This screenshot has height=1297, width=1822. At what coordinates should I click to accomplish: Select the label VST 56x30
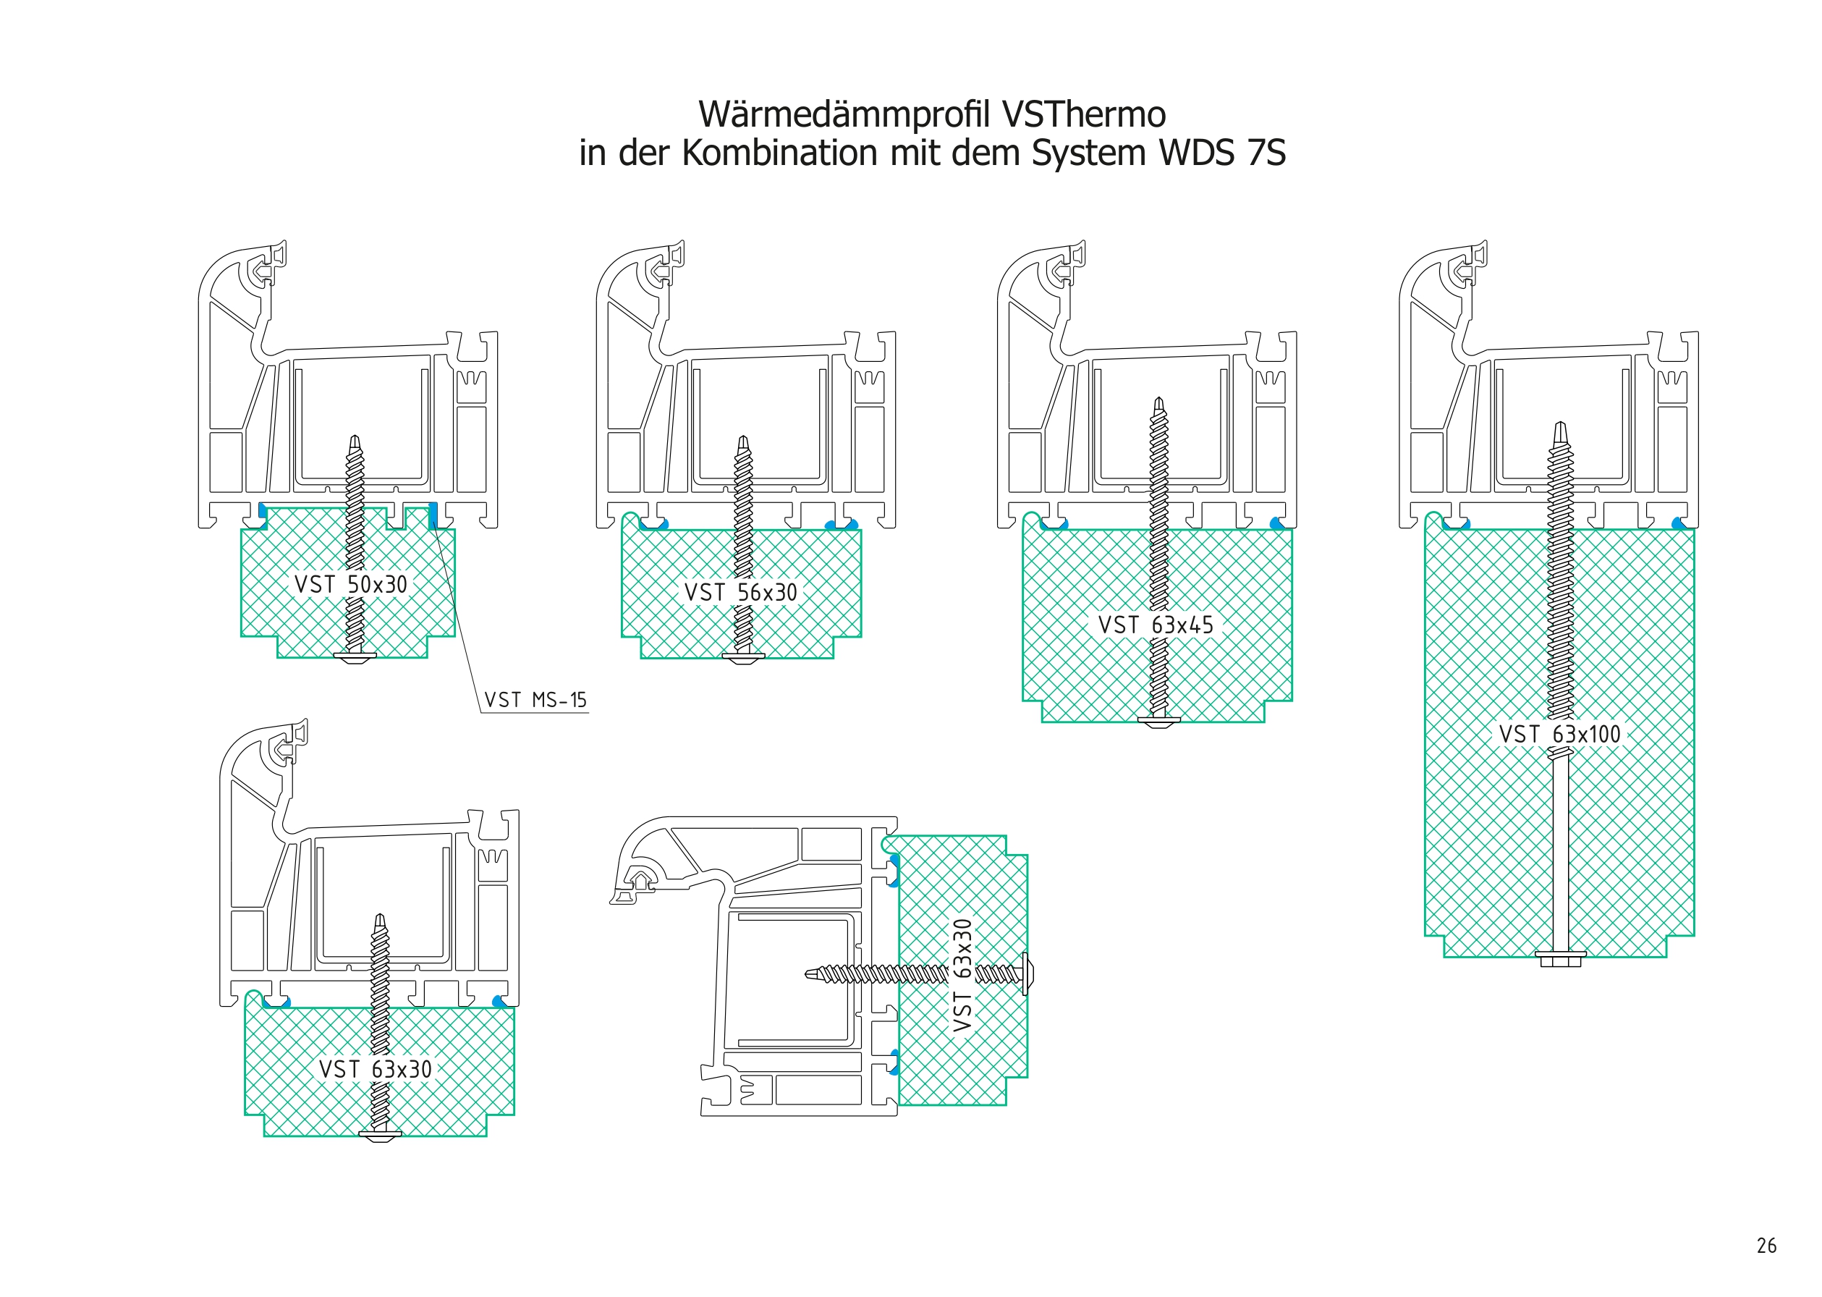(740, 593)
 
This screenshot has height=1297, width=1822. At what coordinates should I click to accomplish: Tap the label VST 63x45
(1156, 625)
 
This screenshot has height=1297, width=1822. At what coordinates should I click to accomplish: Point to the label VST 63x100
(1559, 735)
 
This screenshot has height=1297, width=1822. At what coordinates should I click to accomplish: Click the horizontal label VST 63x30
(376, 1070)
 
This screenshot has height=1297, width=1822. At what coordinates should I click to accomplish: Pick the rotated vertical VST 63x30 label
(963, 975)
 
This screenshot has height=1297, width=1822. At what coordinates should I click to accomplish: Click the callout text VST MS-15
(535, 701)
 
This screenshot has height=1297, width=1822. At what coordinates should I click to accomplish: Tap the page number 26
(1766, 1246)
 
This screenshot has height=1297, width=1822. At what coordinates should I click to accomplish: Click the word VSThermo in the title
(1083, 114)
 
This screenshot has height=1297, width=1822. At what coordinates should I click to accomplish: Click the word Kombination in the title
(779, 153)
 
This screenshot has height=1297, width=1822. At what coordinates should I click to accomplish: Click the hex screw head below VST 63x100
(1560, 959)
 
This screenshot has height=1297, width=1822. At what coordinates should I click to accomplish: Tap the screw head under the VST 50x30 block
(355, 658)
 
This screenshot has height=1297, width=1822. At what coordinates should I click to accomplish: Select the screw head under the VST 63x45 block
(1158, 722)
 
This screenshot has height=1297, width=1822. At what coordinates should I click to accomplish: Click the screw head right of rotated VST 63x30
(1027, 973)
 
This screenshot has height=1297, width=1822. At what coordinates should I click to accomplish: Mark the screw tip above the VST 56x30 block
(743, 442)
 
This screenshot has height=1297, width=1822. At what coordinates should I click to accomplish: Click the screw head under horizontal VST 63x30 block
(379, 1136)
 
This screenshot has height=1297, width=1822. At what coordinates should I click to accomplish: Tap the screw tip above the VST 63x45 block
(1158, 403)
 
